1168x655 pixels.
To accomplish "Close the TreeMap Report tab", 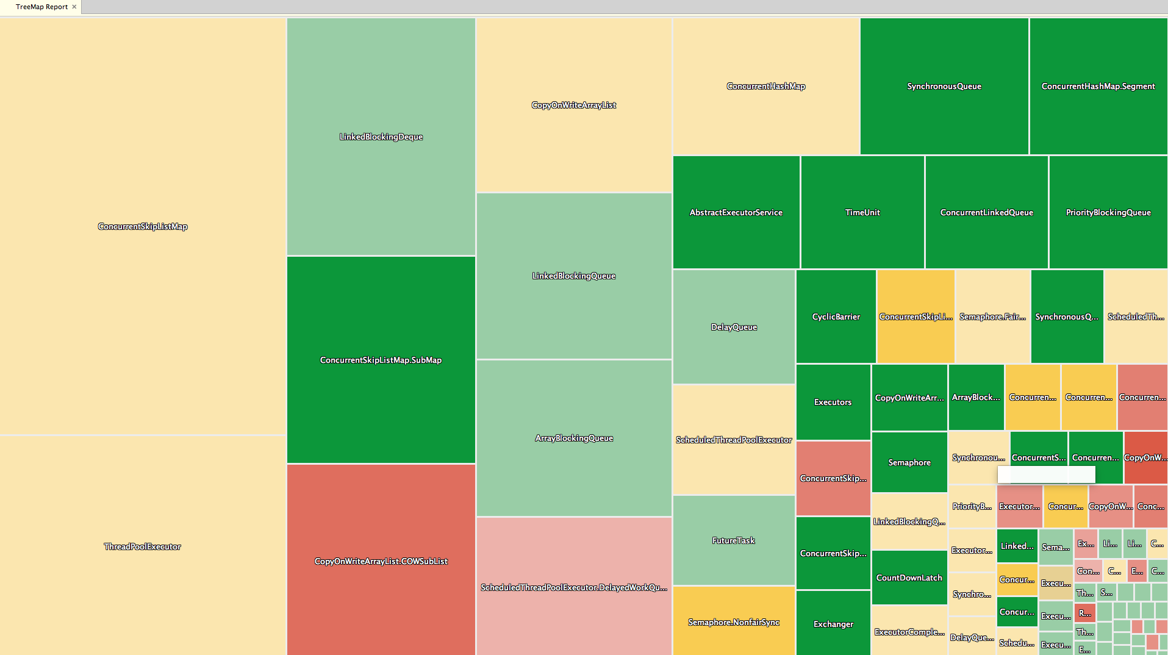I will click(74, 7).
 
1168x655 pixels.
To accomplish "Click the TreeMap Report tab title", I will click(41, 7).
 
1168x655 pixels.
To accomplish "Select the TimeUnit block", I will click(862, 212).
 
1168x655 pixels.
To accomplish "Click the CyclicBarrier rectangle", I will click(836, 317).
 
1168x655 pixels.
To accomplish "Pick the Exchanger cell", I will click(833, 624).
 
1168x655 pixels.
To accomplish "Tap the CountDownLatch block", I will click(909, 578).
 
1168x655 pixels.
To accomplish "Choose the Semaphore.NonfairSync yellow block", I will click(734, 622).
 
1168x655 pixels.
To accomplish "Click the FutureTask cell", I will click(734, 540).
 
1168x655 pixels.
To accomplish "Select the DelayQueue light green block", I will click(734, 327).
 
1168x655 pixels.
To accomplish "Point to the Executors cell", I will click(833, 402).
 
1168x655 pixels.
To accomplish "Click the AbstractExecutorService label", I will click(736, 212).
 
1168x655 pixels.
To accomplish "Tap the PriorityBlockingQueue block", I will click(1108, 212).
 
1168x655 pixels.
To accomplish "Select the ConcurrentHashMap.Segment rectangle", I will click(1098, 86).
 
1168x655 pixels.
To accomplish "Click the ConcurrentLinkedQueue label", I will click(986, 212).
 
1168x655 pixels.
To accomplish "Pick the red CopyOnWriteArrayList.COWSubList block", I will click(381, 561).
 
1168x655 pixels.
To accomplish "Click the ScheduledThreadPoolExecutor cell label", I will click(734, 440).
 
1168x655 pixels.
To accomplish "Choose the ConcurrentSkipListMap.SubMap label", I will click(381, 360).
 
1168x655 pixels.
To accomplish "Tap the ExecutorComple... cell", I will click(909, 632).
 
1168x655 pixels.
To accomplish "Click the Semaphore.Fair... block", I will click(992, 317).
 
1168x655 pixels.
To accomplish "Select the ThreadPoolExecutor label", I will click(142, 546).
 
